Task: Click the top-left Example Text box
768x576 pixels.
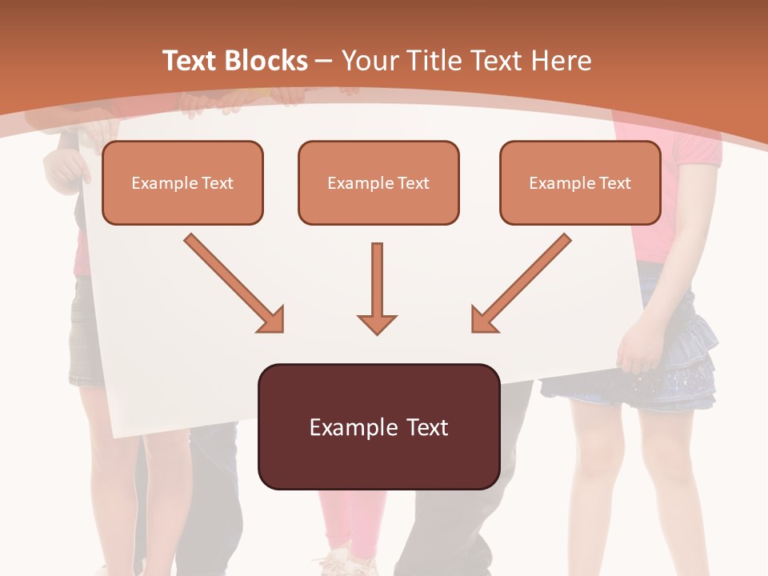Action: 182,182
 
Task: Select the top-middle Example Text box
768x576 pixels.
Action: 378,182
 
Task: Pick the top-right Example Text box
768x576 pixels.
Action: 580,182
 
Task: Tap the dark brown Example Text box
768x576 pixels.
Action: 378,426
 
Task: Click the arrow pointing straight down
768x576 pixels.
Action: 377,288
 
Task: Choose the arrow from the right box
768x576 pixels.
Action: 520,283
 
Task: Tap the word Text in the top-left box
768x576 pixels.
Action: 218,183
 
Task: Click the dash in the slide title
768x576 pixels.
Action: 324,61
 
